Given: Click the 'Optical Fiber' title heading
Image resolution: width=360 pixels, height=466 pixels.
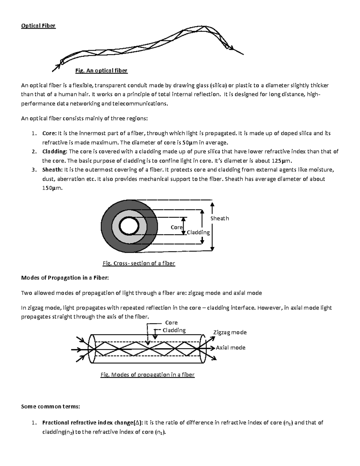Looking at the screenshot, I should pos(38,26).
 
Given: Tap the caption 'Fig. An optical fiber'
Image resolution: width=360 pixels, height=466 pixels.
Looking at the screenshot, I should pos(101,71).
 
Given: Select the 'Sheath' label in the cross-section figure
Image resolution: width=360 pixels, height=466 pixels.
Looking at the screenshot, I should pos(220,218).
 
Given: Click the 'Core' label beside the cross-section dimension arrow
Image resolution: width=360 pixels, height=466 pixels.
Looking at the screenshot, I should pos(176,227).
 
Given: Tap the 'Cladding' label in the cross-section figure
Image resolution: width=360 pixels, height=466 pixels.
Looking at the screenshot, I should pos(198,233).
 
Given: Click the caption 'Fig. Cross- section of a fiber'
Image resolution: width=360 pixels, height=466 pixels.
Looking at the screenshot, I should pos(139,263).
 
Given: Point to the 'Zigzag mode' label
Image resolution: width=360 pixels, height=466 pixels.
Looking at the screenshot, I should pos(230,332).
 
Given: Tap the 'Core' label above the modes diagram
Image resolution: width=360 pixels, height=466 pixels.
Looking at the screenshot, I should pos(171,323).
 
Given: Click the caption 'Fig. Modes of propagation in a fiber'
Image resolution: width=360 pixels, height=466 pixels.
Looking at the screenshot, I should pos(147,375).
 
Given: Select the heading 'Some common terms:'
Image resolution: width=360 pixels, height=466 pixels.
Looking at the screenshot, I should pos(50,407).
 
